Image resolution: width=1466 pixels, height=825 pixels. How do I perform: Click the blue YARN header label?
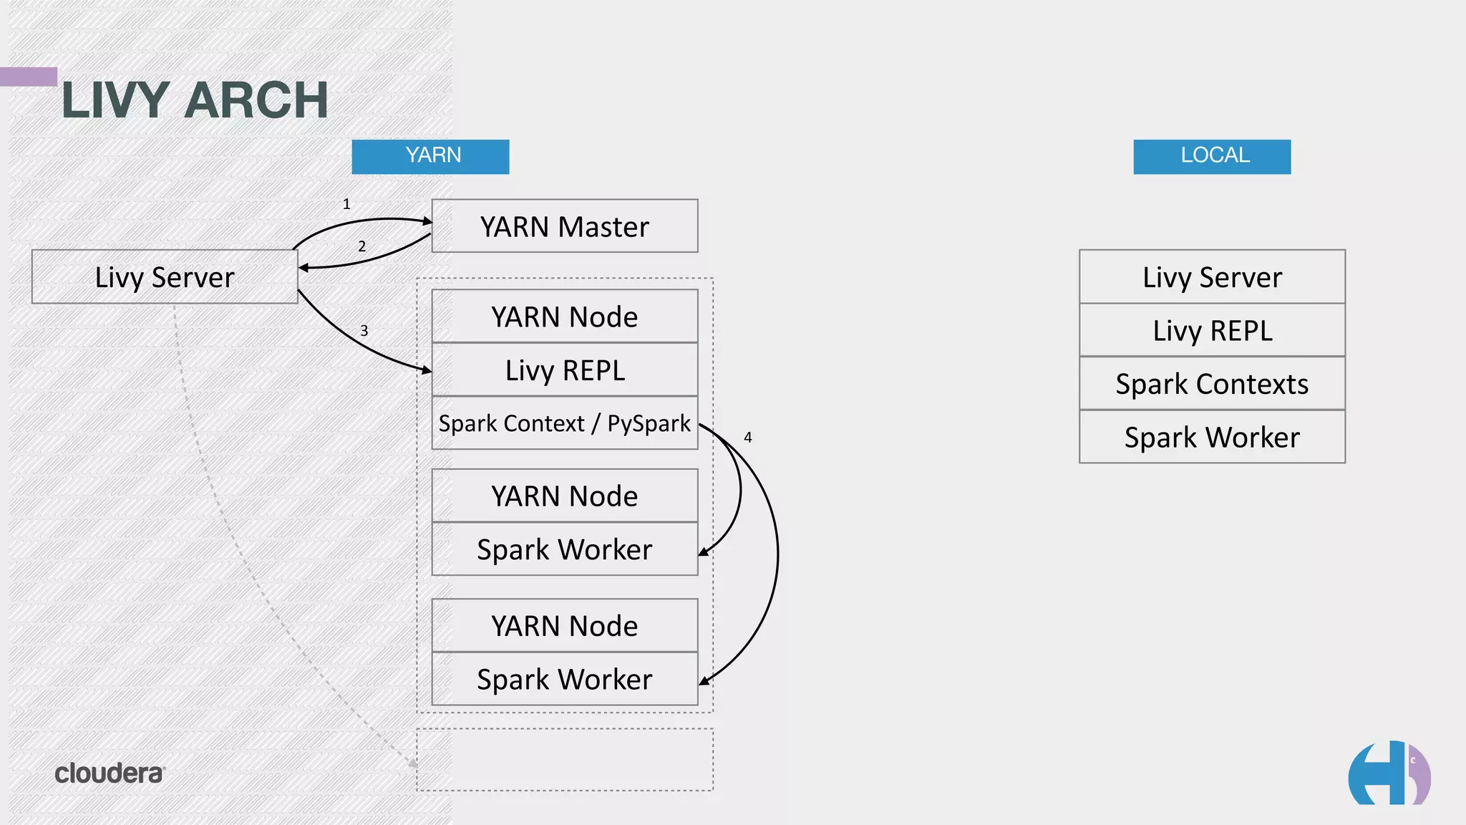[x=430, y=156]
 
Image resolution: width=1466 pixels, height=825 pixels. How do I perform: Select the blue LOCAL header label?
[x=1212, y=156]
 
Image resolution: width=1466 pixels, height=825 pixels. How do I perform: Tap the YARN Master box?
[x=565, y=226]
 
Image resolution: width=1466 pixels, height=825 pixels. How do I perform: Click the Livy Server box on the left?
[x=165, y=277]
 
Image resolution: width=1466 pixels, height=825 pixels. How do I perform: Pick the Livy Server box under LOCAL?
[x=1212, y=277]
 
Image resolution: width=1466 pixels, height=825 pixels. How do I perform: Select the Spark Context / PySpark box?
[x=565, y=423]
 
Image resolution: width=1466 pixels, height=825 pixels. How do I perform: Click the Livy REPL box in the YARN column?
[x=565, y=370]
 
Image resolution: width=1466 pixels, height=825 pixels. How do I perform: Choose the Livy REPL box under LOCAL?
[x=1212, y=330]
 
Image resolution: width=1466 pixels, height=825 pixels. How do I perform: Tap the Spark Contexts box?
[x=1212, y=384]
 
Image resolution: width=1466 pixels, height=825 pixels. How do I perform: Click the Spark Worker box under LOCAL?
[x=1212, y=437]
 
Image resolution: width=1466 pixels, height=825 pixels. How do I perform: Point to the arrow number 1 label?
[x=346, y=204]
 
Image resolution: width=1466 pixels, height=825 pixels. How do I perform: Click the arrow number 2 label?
[x=362, y=246]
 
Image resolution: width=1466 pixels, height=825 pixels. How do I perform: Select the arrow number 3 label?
[x=364, y=331]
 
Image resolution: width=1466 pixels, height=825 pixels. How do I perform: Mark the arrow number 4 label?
[x=748, y=438]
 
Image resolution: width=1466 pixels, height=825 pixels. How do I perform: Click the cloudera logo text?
[x=110, y=773]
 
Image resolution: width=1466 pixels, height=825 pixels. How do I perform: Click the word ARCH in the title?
[x=256, y=100]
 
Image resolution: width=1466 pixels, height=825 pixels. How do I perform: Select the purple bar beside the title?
[x=29, y=77]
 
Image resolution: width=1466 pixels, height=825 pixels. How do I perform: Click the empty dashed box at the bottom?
[x=565, y=760]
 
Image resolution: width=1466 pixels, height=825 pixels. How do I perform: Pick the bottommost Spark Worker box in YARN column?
[x=565, y=679]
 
